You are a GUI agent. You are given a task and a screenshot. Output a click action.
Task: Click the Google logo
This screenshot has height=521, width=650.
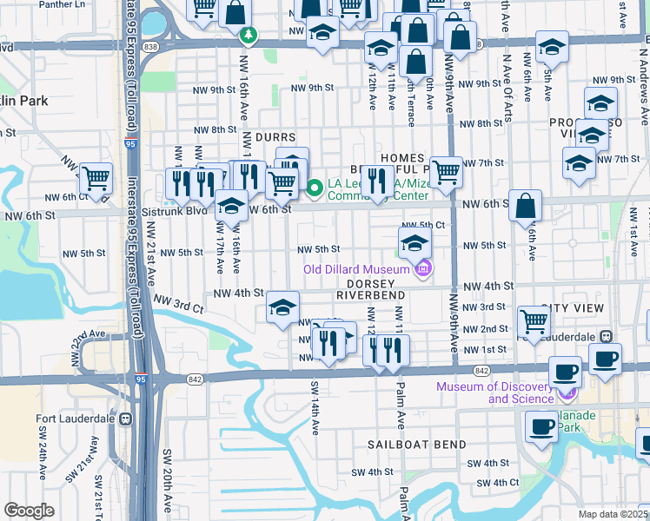coord(29,511)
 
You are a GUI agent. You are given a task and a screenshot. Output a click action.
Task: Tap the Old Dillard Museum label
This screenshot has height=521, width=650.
coord(356,269)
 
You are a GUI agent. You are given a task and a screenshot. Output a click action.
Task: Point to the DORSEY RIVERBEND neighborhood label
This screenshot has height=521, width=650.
coord(376,289)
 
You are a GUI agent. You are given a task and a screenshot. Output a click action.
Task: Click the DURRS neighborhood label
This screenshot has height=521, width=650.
coord(275,137)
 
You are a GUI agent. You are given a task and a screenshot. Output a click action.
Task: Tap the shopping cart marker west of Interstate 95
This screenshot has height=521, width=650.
coord(96,178)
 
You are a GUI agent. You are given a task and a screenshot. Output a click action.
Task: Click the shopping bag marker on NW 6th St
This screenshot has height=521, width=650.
coord(526,206)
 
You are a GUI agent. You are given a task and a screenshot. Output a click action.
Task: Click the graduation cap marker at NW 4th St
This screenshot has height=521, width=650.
coord(282,307)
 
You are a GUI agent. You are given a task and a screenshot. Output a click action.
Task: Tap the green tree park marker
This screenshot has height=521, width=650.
coord(249,36)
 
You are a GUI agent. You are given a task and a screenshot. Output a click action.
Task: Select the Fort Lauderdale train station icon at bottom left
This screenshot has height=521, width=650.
coord(126,419)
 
